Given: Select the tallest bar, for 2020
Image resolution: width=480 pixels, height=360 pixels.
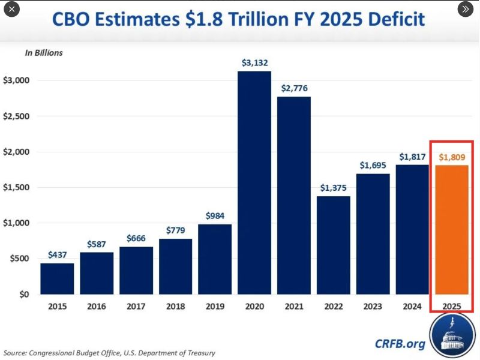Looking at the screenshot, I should click(254, 183).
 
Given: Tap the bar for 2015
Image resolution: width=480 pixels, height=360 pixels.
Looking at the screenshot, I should click(57, 279).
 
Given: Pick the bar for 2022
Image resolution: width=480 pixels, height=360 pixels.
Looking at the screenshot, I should click(333, 245).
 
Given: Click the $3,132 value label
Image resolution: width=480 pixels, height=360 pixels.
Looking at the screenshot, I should click(254, 62).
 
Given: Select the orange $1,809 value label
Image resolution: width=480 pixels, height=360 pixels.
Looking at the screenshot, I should click(452, 157).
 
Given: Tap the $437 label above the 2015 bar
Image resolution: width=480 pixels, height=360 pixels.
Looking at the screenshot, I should click(57, 255).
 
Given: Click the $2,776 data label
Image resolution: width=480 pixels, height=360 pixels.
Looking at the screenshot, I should click(294, 88).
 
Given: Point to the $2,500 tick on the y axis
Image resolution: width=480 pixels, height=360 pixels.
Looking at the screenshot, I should click(16, 116).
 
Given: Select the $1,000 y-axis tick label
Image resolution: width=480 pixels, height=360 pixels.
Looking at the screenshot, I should click(16, 223).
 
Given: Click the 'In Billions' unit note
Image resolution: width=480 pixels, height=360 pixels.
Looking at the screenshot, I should click(43, 53).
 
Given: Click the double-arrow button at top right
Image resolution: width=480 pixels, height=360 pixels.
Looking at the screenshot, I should click(466, 9).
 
